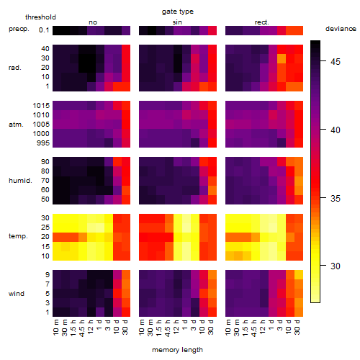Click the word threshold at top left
(40, 17)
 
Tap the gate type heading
(178, 12)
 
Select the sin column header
(177, 22)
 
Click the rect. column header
(262, 22)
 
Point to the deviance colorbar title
(341, 29)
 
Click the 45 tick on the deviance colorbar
(336, 62)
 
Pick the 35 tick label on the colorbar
(336, 198)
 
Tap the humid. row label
(20, 181)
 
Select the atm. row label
(16, 125)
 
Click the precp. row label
(19, 29)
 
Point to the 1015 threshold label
(41, 106)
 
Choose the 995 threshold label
(43, 143)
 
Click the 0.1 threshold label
(44, 30)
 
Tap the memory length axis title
(178, 350)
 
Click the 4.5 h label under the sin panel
(168, 328)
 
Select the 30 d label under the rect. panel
(297, 328)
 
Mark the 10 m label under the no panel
(55, 328)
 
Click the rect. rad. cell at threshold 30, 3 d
(282, 58)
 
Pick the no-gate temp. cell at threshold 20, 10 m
(57, 237)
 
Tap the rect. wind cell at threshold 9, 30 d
(299, 274)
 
